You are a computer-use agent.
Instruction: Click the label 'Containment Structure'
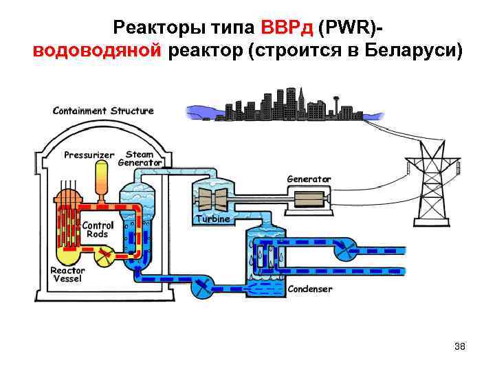pyautogui.click(x=103, y=111)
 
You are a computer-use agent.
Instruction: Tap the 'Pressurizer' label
pyautogui.click(x=89, y=155)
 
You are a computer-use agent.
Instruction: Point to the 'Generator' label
pyautogui.click(x=309, y=179)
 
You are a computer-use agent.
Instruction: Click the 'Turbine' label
pyautogui.click(x=213, y=218)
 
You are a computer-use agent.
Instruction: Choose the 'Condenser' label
pyautogui.click(x=309, y=289)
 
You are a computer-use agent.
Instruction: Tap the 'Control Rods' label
pyautogui.click(x=97, y=229)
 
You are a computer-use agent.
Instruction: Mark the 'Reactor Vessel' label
pyautogui.click(x=67, y=274)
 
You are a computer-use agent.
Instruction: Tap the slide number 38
pyautogui.click(x=460, y=346)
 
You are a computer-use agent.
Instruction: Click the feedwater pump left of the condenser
pyautogui.click(x=203, y=287)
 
